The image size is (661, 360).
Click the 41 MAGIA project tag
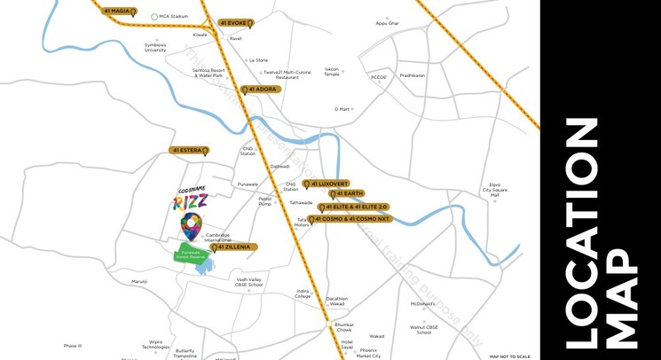tap(119, 12)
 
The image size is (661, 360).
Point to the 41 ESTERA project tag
tap(188, 151)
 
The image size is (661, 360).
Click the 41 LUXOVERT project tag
tap(331, 184)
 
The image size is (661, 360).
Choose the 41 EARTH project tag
tap(346, 194)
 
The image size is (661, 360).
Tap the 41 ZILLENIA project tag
tap(234, 247)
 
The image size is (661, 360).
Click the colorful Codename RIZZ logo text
tap(190, 200)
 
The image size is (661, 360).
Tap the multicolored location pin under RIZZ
tap(191, 226)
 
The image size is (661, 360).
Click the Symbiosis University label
tap(155, 47)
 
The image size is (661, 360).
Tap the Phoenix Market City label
tap(368, 353)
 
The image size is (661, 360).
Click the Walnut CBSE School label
tap(424, 330)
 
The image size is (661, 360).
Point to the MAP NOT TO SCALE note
tap(509, 356)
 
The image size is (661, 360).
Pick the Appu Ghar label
tap(388, 23)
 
